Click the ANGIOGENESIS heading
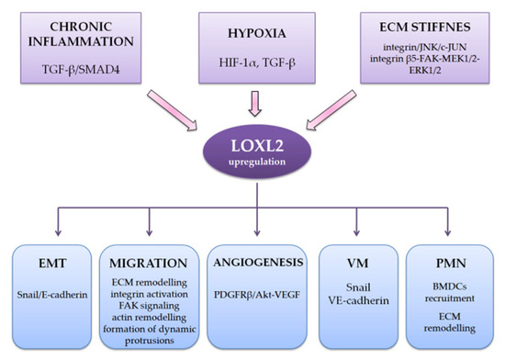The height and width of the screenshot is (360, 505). [252, 263]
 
